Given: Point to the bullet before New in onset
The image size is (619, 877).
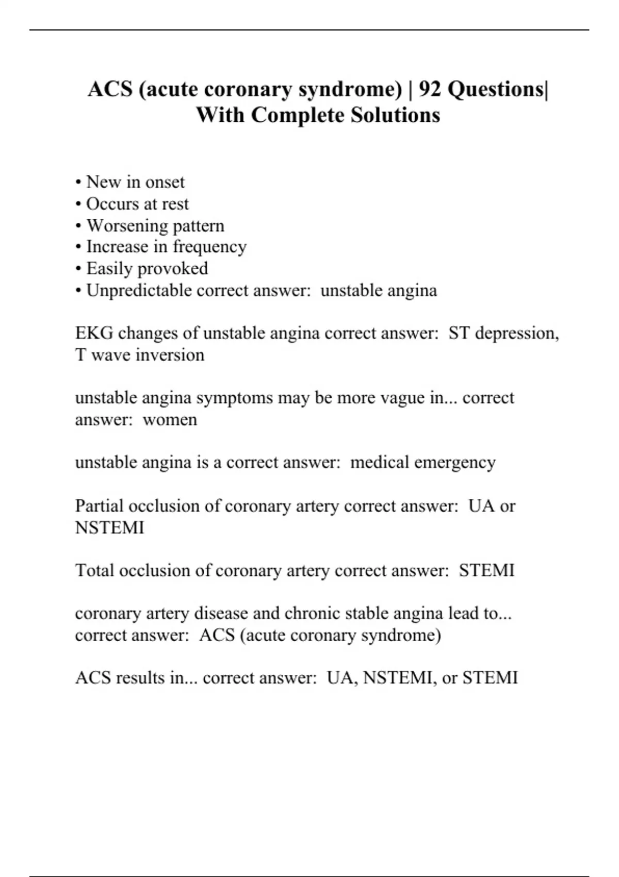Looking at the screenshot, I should point(78,183).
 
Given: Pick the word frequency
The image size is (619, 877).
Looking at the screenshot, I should point(209,247).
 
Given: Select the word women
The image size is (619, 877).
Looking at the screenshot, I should point(170,419).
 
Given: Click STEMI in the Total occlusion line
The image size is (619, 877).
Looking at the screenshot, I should point(486,571).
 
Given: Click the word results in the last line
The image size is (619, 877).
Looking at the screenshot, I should point(139,677).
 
